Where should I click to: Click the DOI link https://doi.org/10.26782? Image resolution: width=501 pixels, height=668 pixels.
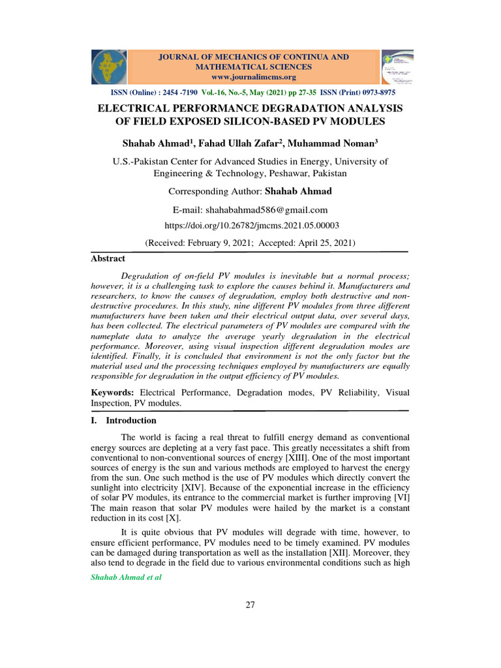coord(250,225)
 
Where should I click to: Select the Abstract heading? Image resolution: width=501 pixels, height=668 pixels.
coord(108,259)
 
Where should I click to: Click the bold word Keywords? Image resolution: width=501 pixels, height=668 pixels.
coord(112,393)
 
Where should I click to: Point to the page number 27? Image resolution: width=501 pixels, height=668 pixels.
coord(250,605)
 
